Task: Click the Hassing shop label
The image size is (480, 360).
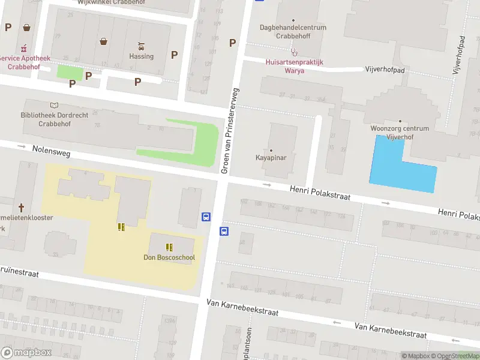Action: pos(142,56)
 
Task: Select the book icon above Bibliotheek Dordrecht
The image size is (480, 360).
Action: pos(55,105)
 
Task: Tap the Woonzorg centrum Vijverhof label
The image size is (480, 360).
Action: pos(400,133)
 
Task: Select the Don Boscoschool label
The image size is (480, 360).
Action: pos(169,257)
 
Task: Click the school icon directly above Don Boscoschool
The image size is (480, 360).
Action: pos(169,247)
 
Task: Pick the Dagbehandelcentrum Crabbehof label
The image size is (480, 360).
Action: pos(293,32)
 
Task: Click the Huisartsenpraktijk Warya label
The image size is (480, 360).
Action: pos(294,66)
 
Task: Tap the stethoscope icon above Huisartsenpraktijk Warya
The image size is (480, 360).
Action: pos(294,52)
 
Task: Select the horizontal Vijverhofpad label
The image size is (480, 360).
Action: pos(385,70)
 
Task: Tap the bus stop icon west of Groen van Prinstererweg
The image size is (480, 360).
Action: pos(206,217)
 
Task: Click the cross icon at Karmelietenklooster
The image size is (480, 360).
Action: pos(21,208)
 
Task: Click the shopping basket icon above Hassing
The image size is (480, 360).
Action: pos(104,41)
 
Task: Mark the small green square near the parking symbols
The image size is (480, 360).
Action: pos(70,72)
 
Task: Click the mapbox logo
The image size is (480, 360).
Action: pos(26,353)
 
